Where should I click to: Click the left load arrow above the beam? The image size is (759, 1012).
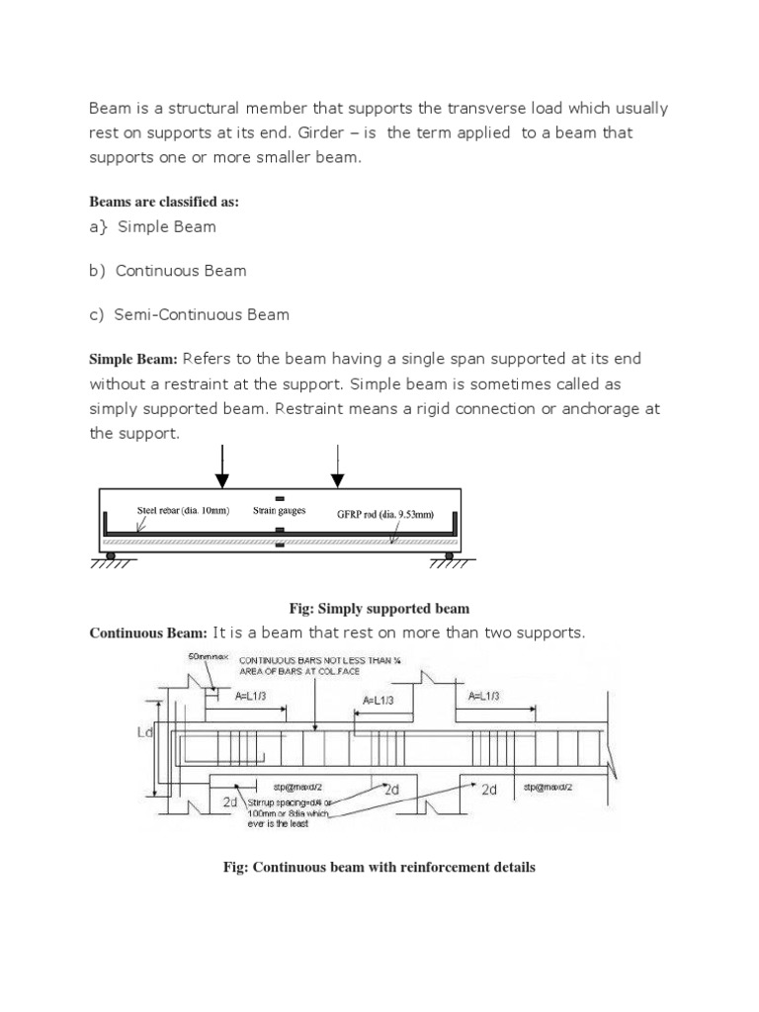(222, 466)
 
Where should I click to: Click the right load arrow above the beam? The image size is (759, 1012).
(338, 466)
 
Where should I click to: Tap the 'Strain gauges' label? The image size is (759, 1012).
(279, 511)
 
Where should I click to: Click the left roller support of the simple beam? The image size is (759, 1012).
(111, 556)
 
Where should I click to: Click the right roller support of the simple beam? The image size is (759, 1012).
(449, 556)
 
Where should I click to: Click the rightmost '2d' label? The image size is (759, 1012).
(489, 791)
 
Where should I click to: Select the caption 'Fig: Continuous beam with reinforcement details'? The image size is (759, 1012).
(379, 867)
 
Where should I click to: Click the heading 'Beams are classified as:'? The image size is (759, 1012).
(164, 202)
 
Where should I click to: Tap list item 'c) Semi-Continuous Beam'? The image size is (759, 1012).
(189, 314)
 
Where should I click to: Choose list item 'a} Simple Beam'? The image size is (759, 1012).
(152, 226)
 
